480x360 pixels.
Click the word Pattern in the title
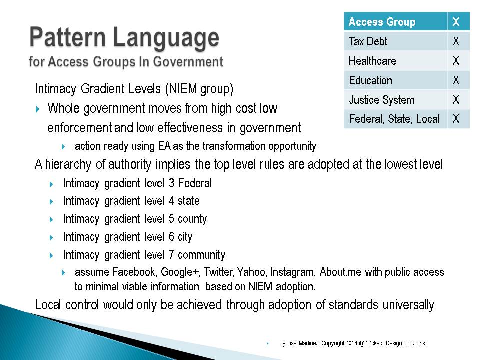tap(67, 38)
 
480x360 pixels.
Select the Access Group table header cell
tap(396, 21)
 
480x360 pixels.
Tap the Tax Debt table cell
tap(396, 41)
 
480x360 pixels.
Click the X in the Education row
tap(456, 80)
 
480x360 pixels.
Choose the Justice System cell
tap(396, 100)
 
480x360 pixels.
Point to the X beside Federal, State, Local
tap(456, 119)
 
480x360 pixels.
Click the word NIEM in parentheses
tap(183, 89)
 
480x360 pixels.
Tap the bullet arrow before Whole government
tap(37, 109)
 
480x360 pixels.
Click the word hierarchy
tap(68, 164)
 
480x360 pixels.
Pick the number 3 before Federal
tap(171, 183)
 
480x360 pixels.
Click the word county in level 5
tap(192, 219)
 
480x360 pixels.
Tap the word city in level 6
tap(185, 237)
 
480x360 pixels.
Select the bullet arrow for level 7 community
tap(51, 256)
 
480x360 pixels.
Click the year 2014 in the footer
tap(351, 343)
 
